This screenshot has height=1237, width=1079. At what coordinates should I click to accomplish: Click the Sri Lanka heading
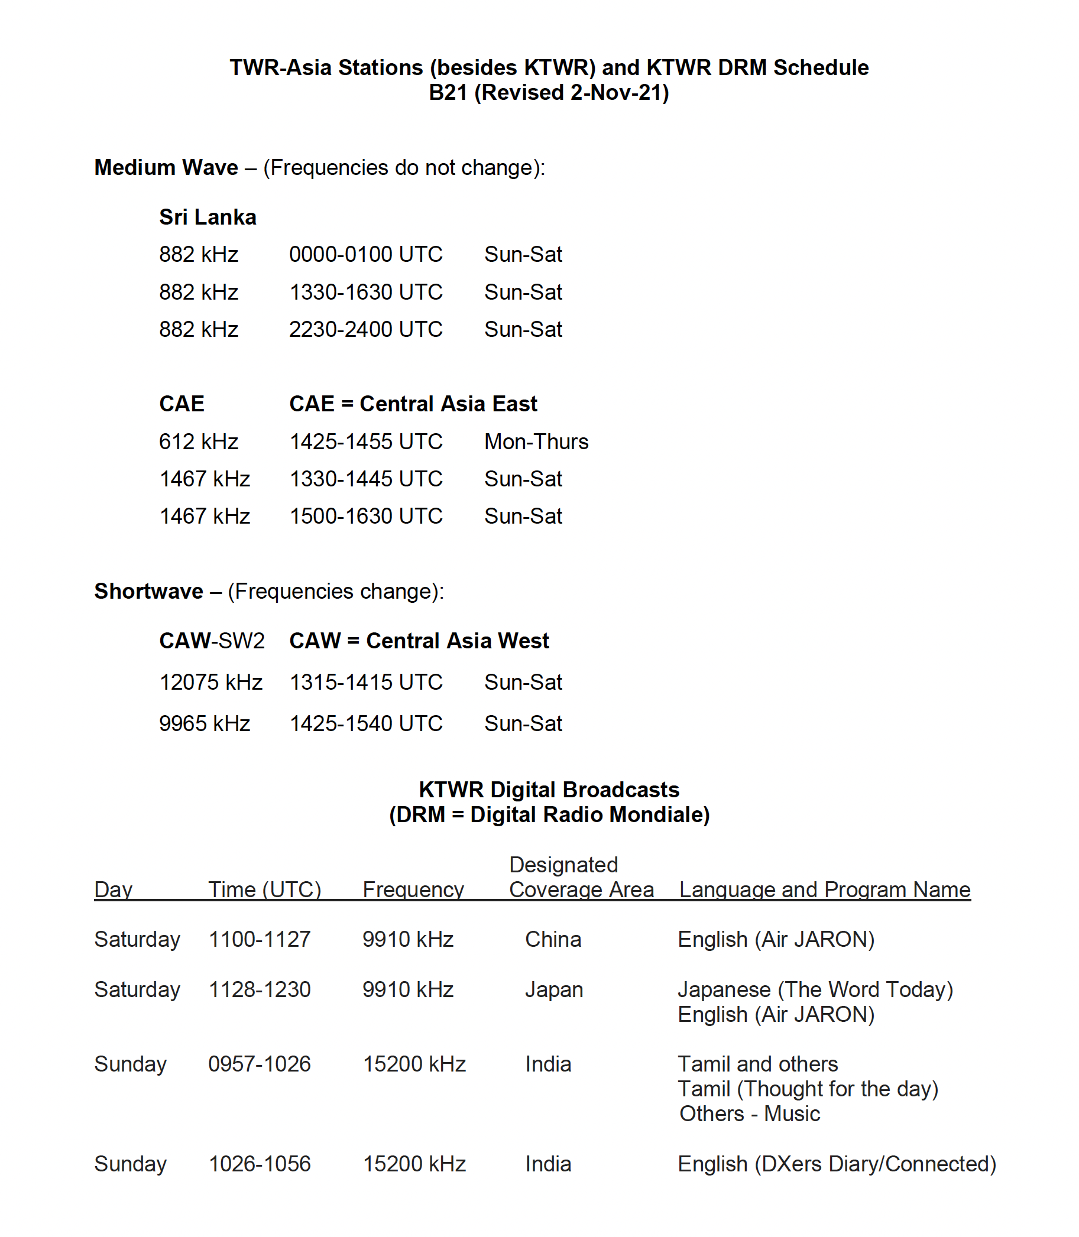click(x=208, y=217)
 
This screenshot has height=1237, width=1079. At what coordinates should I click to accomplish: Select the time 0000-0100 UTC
click(x=365, y=255)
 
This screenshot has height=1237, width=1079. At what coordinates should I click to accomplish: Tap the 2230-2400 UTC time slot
click(x=365, y=330)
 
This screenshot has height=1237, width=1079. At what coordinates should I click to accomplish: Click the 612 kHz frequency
click(x=199, y=442)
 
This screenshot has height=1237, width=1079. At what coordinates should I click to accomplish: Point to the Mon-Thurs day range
click(x=536, y=442)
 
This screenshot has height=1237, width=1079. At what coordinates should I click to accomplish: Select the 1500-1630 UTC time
click(x=365, y=517)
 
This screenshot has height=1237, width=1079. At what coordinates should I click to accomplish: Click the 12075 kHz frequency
click(x=210, y=683)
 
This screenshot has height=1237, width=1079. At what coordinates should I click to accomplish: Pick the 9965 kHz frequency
click(x=205, y=723)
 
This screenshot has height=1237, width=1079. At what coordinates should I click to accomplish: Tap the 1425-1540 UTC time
click(x=365, y=723)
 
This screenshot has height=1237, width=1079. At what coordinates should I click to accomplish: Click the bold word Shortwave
click(x=149, y=592)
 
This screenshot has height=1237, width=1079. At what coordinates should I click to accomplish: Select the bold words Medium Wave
click(x=166, y=168)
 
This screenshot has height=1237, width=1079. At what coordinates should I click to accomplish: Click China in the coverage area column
click(x=553, y=940)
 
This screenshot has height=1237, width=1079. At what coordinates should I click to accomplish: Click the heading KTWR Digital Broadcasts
click(x=549, y=790)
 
